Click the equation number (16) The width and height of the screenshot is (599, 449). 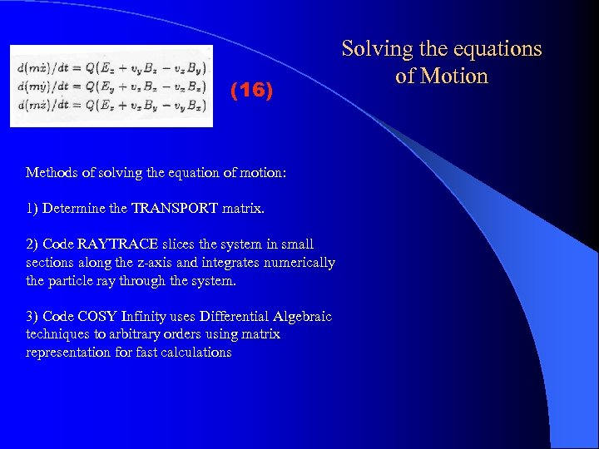point(250,91)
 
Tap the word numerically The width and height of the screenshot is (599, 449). point(298,263)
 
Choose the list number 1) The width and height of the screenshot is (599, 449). point(32,209)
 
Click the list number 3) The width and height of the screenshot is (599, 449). point(32,316)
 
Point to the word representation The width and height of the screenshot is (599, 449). point(67,353)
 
